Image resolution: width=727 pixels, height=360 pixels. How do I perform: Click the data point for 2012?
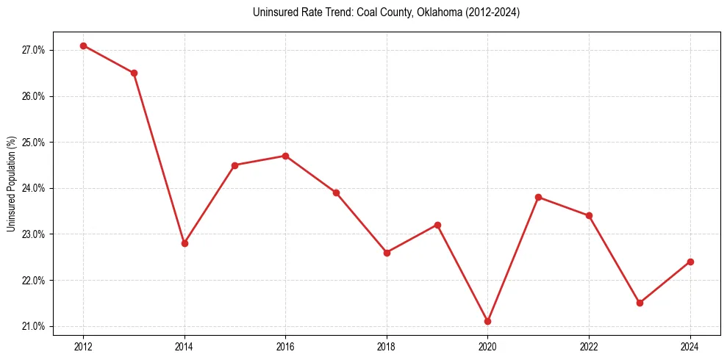[x=83, y=46]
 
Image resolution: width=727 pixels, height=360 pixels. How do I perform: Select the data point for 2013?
[x=134, y=73]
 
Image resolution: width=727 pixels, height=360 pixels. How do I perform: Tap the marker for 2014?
[x=185, y=243]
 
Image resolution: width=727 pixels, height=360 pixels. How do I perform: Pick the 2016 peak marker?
[x=285, y=156]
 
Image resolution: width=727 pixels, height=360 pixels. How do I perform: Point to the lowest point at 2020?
[x=487, y=321]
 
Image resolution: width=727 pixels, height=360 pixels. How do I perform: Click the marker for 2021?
[x=538, y=197]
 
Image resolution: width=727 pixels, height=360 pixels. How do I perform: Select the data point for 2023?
[x=640, y=303]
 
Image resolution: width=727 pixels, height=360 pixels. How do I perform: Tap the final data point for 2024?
[x=690, y=262]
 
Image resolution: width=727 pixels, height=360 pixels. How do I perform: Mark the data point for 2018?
[x=387, y=253]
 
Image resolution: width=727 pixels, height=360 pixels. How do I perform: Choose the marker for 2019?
[x=437, y=225]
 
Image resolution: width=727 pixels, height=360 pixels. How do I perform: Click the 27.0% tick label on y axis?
[x=34, y=50]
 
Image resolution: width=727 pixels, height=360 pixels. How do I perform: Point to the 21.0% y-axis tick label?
[x=34, y=326]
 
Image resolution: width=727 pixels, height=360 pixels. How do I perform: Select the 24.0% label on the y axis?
[x=34, y=188]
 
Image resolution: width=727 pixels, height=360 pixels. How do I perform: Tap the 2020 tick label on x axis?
[x=487, y=346]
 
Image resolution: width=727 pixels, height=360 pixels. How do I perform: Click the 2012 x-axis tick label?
[x=83, y=346]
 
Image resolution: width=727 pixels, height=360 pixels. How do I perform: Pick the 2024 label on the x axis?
[x=690, y=346]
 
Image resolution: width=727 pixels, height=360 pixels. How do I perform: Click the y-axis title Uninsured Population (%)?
[x=11, y=184]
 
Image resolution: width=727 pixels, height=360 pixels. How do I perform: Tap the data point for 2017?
[x=336, y=192]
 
